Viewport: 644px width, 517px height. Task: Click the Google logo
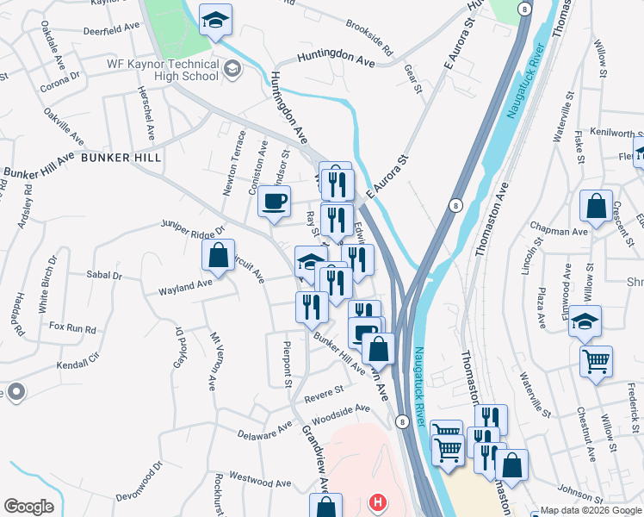click(x=29, y=507)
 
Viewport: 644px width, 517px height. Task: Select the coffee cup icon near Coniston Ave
click(x=274, y=202)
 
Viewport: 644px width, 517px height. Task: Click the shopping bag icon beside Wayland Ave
click(x=218, y=255)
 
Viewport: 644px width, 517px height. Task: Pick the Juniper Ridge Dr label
click(x=192, y=227)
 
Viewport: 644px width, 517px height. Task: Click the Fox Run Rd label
click(x=72, y=327)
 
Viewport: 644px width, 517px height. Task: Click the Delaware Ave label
click(x=265, y=430)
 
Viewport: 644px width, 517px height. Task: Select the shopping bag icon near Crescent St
click(x=596, y=206)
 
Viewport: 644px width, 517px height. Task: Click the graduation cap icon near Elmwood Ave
click(x=585, y=321)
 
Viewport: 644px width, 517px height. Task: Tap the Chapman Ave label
click(x=559, y=231)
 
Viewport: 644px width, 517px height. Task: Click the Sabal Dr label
click(x=104, y=276)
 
